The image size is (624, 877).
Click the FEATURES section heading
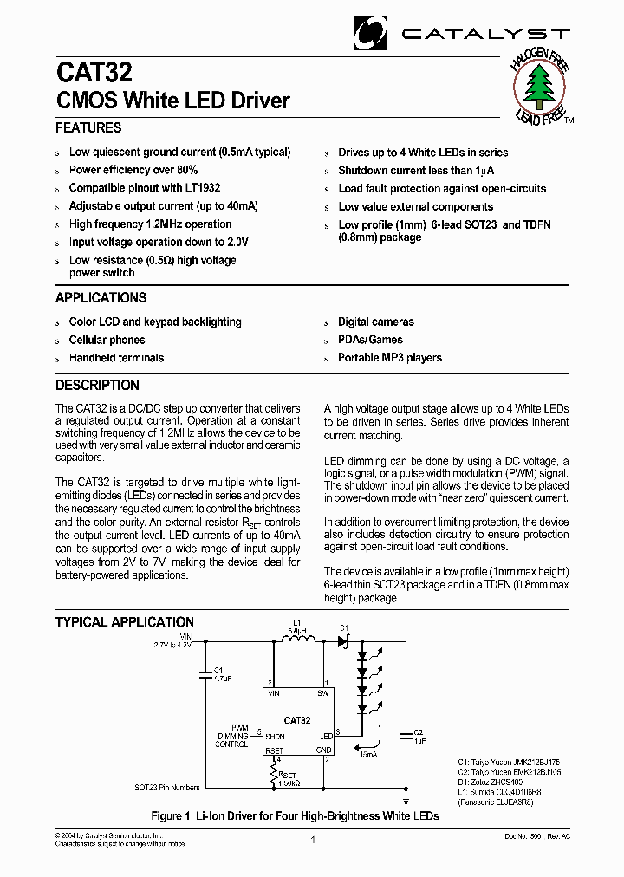coord(88,128)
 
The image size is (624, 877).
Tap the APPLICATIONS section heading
coord(101,298)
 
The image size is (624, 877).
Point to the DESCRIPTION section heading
coord(97,385)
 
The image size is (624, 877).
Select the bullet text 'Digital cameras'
coord(376,322)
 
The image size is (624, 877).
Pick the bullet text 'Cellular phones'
coord(107,340)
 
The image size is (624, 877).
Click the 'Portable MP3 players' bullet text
coord(390,357)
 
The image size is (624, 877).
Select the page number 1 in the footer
coord(312,840)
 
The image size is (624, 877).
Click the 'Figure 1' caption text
coord(295,815)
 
